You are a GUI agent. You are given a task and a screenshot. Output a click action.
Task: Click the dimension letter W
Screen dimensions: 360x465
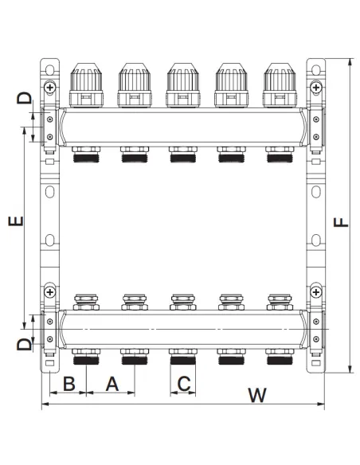tap(257, 395)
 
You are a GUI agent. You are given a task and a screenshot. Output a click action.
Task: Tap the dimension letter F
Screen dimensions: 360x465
tap(341, 222)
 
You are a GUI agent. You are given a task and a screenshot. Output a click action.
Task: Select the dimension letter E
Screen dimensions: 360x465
tap(16, 221)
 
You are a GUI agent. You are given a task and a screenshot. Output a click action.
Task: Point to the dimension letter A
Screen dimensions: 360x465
tap(112, 384)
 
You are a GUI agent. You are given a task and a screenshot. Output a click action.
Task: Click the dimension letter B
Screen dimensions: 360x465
tap(69, 384)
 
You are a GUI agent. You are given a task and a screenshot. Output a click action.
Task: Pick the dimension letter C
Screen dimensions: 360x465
tap(184, 384)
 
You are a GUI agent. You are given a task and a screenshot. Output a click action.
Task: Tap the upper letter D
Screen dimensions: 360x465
tap(24, 98)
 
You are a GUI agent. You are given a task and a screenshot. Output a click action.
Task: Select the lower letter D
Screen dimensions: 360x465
tap(24, 345)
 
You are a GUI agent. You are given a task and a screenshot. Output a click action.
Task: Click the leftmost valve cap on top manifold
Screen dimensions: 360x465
tap(86, 85)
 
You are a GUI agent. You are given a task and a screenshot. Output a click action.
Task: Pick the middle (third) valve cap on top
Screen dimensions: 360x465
tap(183, 85)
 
